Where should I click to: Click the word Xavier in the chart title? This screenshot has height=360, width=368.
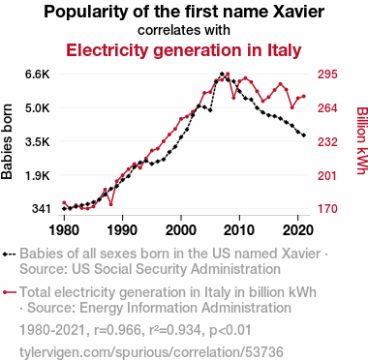298,12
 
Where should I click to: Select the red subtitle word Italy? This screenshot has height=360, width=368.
285,50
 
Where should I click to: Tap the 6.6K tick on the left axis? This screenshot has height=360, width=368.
38,75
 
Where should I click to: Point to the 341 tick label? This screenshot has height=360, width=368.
41,209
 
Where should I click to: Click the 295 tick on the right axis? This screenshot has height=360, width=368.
327,75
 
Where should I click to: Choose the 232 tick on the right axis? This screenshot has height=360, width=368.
327,141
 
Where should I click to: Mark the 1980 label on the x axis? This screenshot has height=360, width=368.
64,230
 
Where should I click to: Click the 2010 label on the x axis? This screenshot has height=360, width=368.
239,230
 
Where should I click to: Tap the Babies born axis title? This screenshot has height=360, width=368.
7,141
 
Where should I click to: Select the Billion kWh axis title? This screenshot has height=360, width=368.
362,141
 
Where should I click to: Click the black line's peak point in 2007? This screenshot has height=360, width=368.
222,74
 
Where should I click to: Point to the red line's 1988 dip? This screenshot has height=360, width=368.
111,204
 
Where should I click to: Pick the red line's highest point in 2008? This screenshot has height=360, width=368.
228,74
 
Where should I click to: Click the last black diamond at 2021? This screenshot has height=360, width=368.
304,135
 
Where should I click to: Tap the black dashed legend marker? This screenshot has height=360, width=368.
9,254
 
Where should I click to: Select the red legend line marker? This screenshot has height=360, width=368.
9,292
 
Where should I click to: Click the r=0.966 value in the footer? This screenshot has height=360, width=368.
117,330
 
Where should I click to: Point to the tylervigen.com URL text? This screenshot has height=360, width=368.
151,351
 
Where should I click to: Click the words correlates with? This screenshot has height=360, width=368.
184,30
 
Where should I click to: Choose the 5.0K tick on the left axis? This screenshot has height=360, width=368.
38,107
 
